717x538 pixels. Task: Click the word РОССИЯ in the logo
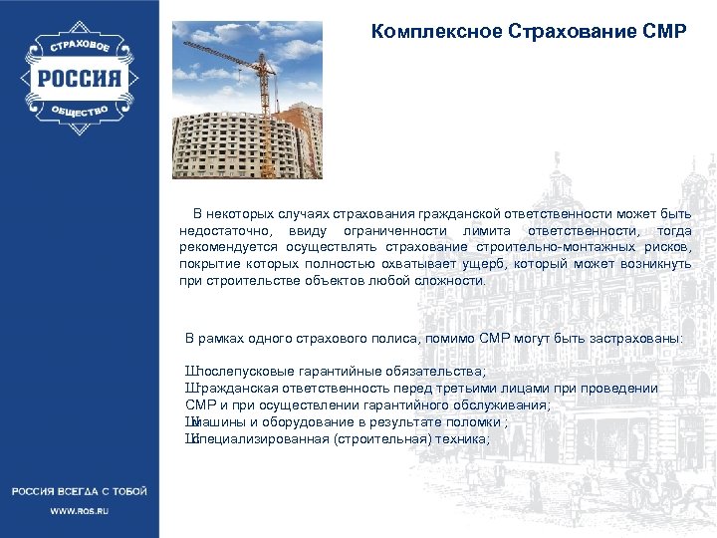80,79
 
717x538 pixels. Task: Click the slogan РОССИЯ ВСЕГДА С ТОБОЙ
80,491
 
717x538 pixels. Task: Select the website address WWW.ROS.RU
80,510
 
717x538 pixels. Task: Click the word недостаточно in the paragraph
222,230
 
